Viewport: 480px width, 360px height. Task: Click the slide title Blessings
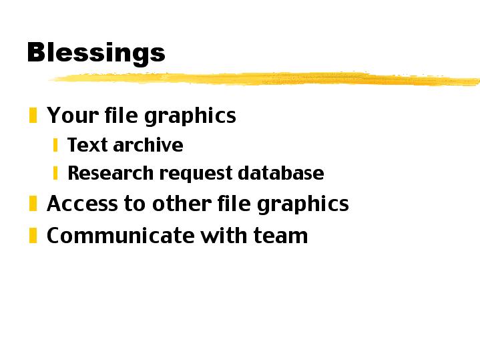pyautogui.click(x=95, y=52)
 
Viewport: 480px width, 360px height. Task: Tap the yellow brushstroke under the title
pyautogui.click(x=267, y=79)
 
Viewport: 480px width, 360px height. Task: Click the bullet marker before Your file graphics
pyautogui.click(x=33, y=116)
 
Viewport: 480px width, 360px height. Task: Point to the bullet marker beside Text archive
pyautogui.click(x=55, y=145)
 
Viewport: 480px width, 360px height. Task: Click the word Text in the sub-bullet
pyautogui.click(x=87, y=145)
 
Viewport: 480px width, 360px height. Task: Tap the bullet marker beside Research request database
pyautogui.click(x=55, y=173)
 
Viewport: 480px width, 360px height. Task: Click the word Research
pyautogui.click(x=103, y=173)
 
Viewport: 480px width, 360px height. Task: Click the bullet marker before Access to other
pyautogui.click(x=33, y=203)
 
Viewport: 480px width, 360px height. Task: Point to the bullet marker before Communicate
pyautogui.click(x=33, y=235)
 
